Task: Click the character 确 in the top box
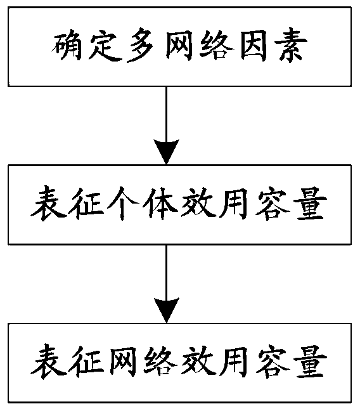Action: point(66,47)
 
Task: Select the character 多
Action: point(141,47)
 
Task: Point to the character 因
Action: point(254,47)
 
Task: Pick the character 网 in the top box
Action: point(179,47)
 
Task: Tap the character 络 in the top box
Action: point(216,47)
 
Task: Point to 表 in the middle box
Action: point(49,204)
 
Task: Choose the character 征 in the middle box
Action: point(86,204)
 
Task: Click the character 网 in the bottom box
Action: point(123,362)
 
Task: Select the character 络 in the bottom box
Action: point(160,362)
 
